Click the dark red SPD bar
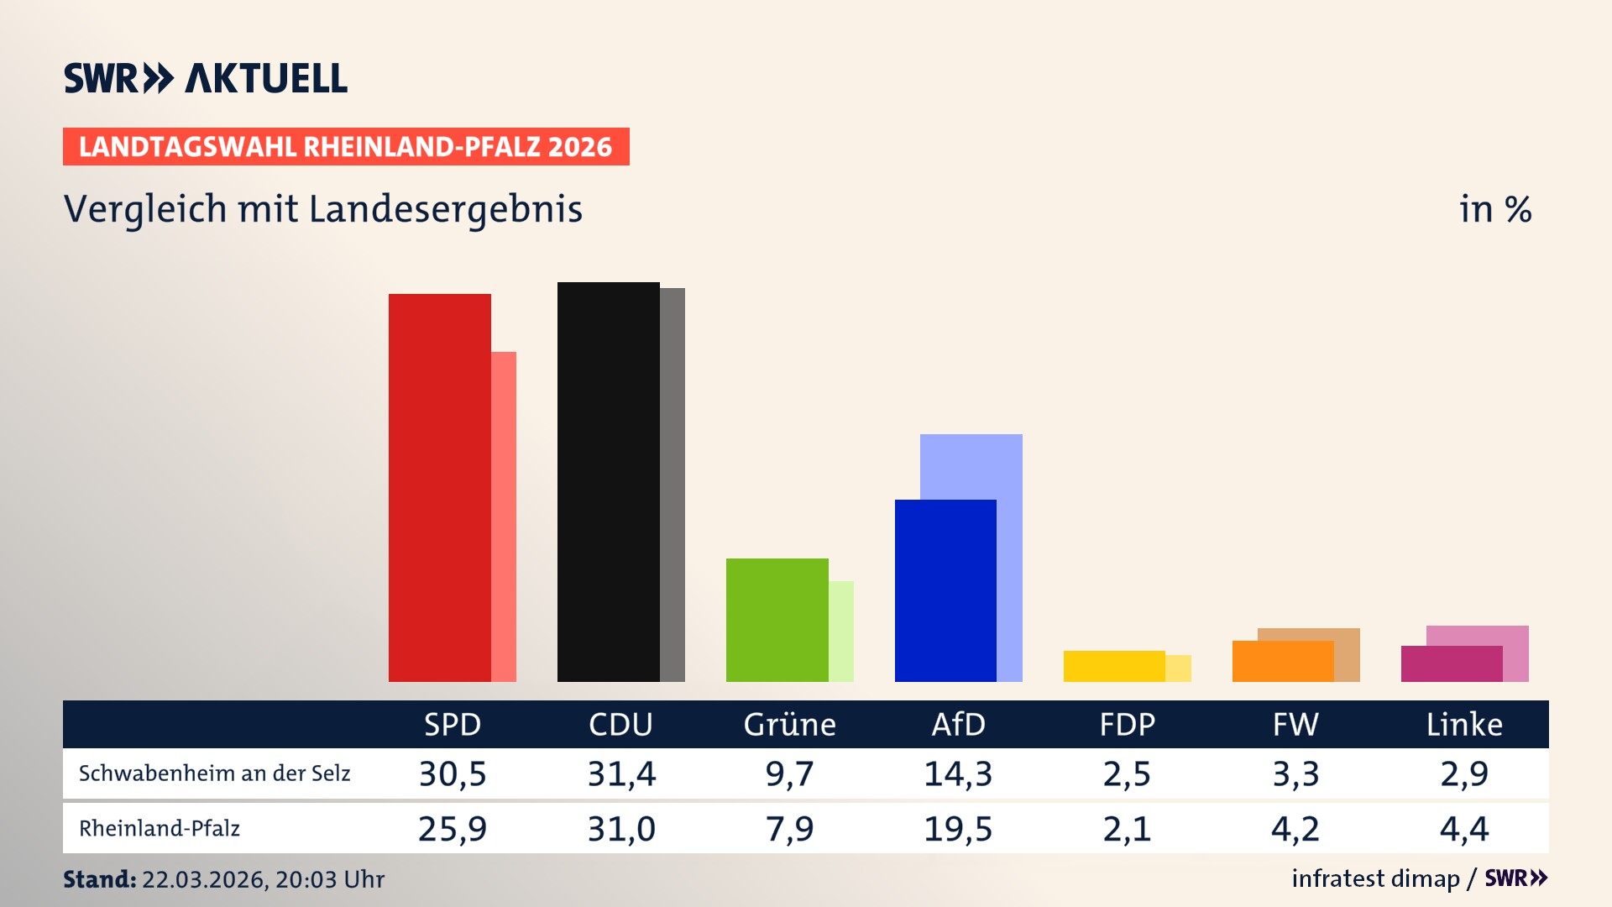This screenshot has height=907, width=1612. (x=439, y=487)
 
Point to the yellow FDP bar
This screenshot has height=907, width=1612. (x=1114, y=666)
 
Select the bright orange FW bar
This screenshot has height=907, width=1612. (x=1282, y=661)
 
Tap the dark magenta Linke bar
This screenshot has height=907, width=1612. (x=1451, y=663)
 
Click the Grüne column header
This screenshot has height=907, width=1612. (x=789, y=724)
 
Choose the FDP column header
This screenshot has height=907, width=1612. (x=1127, y=724)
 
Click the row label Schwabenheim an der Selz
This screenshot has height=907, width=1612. (x=214, y=773)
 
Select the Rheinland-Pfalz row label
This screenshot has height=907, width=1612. (x=160, y=829)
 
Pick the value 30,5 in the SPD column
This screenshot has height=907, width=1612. (x=453, y=773)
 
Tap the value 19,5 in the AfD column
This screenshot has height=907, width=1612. (x=958, y=829)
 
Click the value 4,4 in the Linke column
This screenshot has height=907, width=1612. (x=1464, y=829)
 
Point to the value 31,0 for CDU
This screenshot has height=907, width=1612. (x=620, y=829)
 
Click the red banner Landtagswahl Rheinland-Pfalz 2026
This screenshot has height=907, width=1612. (x=345, y=146)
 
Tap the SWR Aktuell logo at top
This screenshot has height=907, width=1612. (x=205, y=78)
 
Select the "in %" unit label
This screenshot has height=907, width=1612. (x=1494, y=209)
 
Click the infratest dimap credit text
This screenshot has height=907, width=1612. (x=1375, y=878)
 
